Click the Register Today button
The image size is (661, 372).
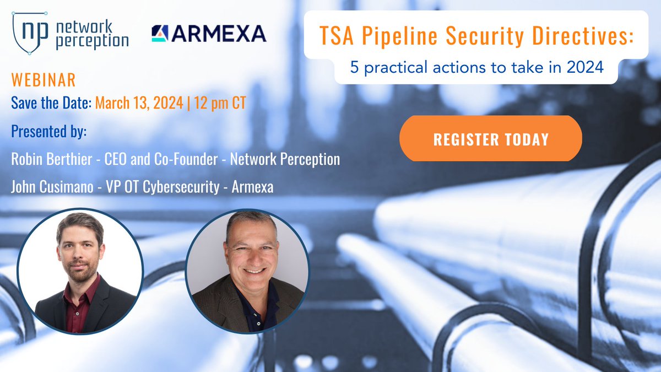(x=490, y=138)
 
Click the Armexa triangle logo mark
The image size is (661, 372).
(x=160, y=34)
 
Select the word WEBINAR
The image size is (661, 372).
(x=43, y=80)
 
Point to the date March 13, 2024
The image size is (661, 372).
(x=139, y=103)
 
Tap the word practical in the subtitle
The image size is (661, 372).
(x=393, y=68)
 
